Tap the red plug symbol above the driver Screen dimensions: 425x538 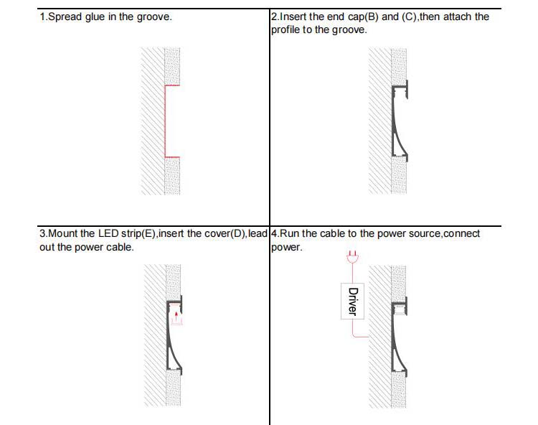click(x=351, y=256)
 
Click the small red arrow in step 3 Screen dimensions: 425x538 click(x=176, y=314)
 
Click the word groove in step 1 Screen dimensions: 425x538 click(x=154, y=17)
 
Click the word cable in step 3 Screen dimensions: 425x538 click(x=118, y=248)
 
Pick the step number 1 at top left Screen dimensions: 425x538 click(x=42, y=17)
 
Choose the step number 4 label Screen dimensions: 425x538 click(x=274, y=234)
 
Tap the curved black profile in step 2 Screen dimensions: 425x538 click(x=394, y=126)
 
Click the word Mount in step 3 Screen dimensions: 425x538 click(x=62, y=234)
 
